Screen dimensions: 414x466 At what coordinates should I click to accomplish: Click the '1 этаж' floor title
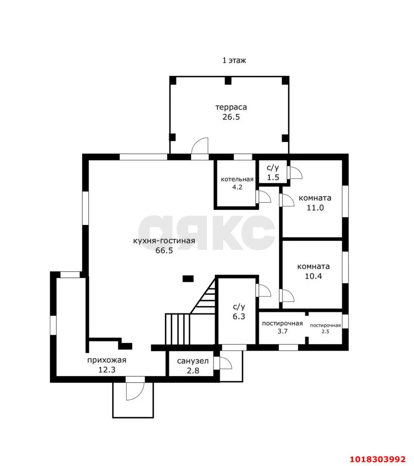(234, 60)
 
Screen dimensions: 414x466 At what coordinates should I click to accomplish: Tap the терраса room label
(231, 107)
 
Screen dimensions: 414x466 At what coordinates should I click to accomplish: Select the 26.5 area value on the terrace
(231, 117)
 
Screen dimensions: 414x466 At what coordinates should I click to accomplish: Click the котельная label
(237, 179)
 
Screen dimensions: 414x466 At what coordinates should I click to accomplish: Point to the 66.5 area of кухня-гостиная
(164, 250)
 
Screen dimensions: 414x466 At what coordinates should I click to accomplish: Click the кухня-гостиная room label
(164, 241)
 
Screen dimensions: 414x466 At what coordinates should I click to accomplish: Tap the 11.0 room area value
(315, 208)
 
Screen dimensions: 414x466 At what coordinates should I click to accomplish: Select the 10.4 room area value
(313, 276)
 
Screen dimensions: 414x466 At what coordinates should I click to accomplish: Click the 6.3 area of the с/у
(239, 316)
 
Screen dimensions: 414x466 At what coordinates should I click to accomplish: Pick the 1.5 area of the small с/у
(273, 177)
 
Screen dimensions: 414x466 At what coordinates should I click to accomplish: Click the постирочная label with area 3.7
(282, 324)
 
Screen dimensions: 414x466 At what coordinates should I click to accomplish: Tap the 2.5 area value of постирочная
(325, 332)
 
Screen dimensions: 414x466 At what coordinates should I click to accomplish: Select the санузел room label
(193, 361)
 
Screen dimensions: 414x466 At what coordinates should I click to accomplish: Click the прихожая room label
(107, 360)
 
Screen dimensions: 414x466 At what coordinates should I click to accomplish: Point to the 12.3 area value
(107, 370)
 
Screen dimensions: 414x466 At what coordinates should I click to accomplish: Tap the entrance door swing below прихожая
(135, 391)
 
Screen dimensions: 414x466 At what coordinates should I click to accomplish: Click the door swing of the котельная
(263, 197)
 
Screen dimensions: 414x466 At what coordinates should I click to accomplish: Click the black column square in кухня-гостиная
(188, 279)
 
